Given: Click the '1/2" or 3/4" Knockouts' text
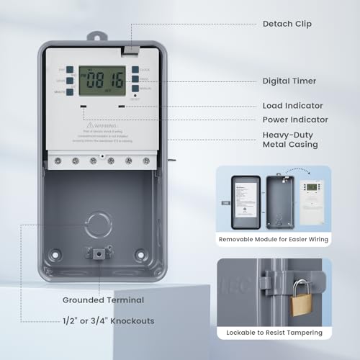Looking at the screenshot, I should pyautogui.click(x=108, y=321).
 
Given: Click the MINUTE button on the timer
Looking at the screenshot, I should pyautogui.click(x=70, y=90).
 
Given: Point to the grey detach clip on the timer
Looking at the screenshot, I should pyautogui.click(x=130, y=50).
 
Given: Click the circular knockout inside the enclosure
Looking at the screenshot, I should pyautogui.click(x=99, y=225).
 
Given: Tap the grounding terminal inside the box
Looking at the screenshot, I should pyautogui.click(x=99, y=252).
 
